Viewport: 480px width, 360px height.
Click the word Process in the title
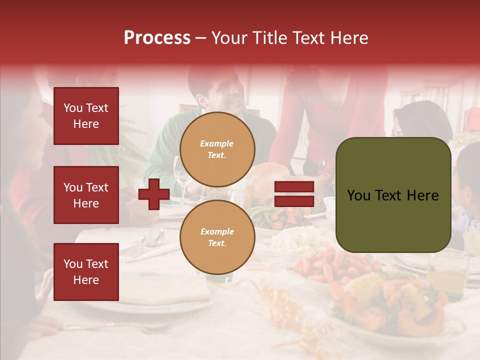point(157,38)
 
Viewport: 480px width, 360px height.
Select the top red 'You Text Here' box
point(86,116)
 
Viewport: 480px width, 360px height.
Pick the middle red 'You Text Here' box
point(86,195)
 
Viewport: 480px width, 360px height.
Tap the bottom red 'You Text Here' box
point(86,272)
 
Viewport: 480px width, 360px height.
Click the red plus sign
point(154,194)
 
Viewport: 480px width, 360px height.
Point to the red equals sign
point(294,194)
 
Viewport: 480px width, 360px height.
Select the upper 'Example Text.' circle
point(217,149)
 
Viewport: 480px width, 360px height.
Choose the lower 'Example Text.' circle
point(217,237)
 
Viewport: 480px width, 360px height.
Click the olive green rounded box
point(393,195)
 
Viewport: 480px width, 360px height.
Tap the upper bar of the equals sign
point(294,187)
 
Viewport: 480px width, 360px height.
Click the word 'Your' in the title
point(229,38)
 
